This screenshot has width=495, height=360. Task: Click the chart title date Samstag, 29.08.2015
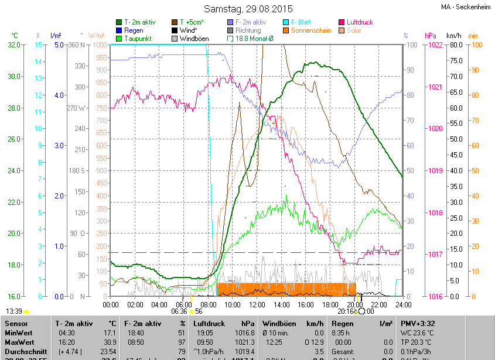coord(247,9)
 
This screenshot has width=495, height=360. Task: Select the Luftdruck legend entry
coord(360,22)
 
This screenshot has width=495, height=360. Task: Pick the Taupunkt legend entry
coord(138,39)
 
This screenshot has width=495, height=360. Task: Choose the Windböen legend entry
coord(194,39)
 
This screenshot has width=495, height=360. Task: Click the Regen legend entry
coord(134,30)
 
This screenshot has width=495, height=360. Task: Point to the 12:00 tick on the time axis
coord(257,304)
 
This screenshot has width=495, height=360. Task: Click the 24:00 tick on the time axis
coord(403,304)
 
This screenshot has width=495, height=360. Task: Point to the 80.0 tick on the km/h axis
coord(454,45)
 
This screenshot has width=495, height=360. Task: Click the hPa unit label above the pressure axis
coord(431,36)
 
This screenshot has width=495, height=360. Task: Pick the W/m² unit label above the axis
coord(96,36)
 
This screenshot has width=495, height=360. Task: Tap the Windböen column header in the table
coord(283,323)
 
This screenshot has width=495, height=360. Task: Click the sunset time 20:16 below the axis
coord(346,311)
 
